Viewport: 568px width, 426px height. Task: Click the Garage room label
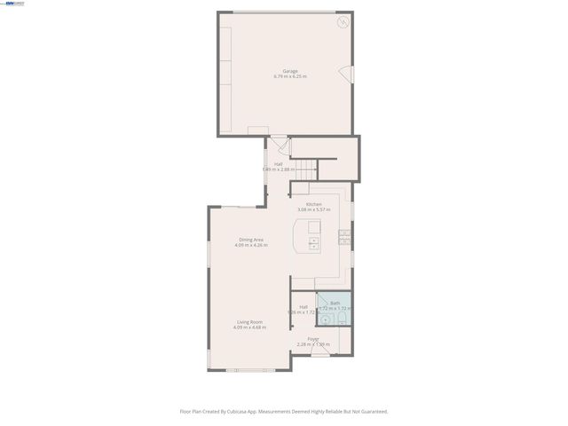[290, 71]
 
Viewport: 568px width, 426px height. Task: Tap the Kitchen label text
[313, 204]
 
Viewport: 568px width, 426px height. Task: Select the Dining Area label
[251, 240]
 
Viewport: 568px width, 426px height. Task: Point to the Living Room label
[249, 321]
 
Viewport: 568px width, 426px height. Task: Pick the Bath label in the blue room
[335, 304]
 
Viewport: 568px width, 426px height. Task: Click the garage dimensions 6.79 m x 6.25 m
[290, 77]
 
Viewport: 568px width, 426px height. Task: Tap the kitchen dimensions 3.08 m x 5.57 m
[313, 210]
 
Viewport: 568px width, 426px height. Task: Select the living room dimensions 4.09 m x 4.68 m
[249, 327]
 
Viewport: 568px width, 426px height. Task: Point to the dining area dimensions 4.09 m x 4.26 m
[251, 246]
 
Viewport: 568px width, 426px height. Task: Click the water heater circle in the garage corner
[342, 22]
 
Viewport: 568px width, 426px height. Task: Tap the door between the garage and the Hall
[279, 142]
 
